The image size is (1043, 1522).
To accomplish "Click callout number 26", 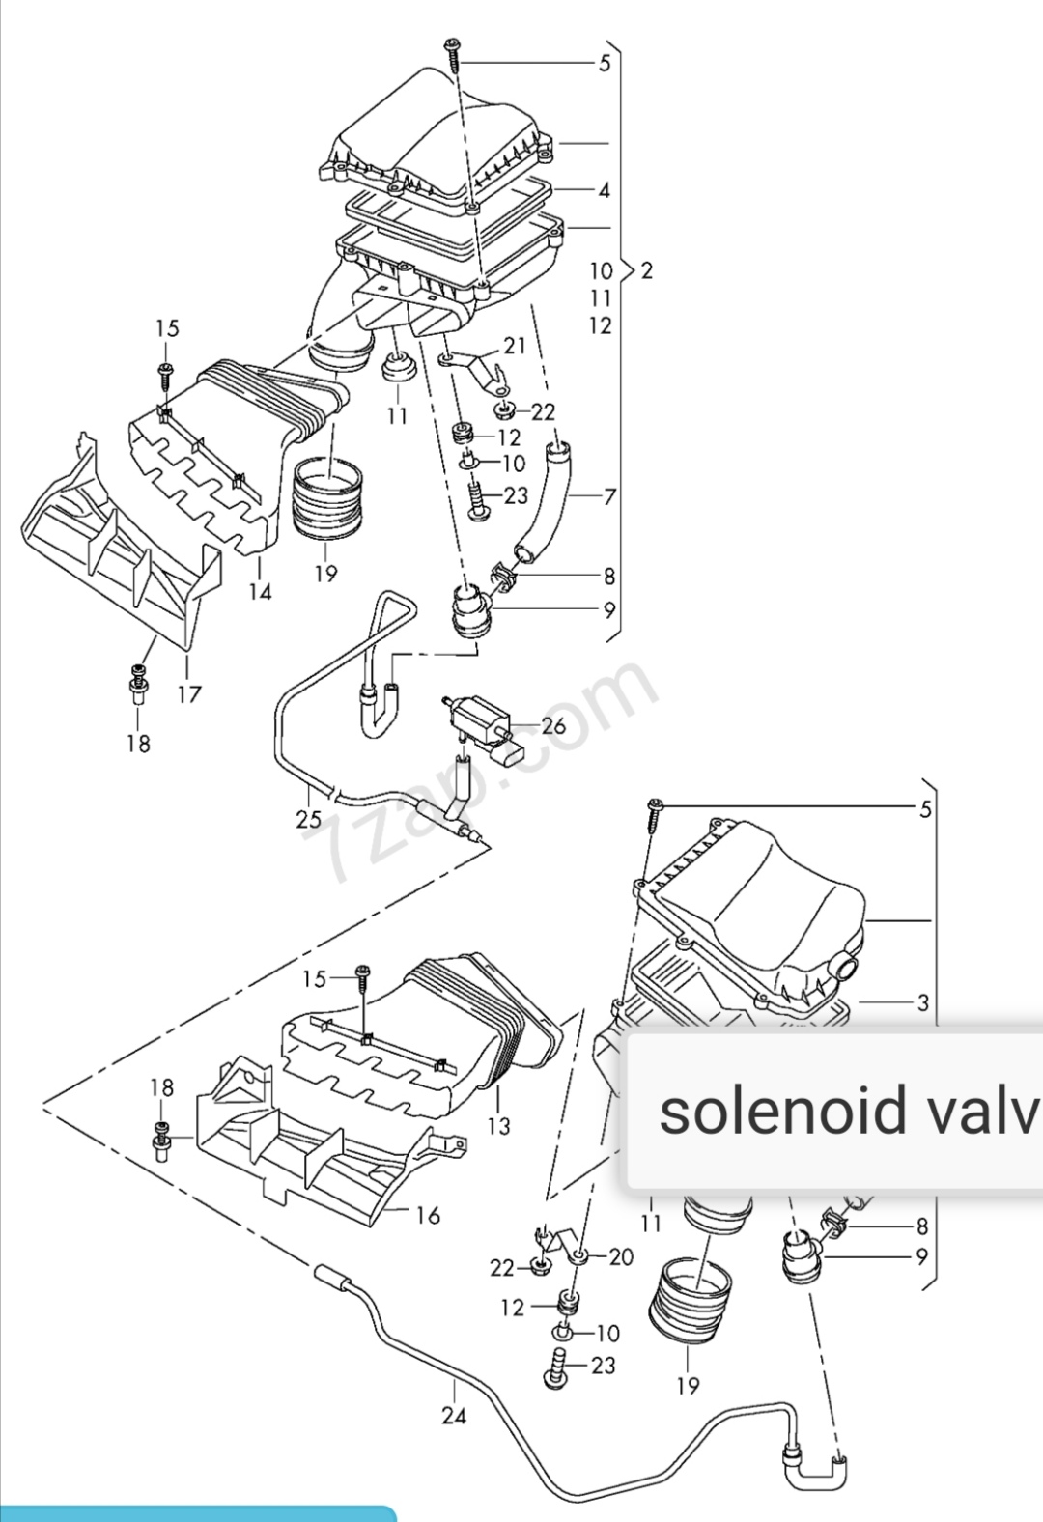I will click(x=553, y=724).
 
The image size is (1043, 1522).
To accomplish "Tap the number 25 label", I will click(x=308, y=820).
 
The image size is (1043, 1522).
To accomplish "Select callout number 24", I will click(x=454, y=1415).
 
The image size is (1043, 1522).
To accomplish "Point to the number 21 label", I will click(x=515, y=346).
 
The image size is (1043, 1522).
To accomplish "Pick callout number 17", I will click(x=189, y=693).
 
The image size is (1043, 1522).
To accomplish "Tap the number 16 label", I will click(x=428, y=1215).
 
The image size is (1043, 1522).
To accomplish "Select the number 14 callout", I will click(x=260, y=591).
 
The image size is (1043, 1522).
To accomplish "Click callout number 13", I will click(x=499, y=1125).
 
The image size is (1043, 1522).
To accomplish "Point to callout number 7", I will click(x=609, y=497).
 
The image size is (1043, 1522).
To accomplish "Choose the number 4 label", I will click(x=605, y=190).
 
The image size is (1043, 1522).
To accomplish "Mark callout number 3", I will click(x=923, y=1002).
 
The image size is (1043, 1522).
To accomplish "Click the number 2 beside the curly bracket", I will click(x=646, y=270).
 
